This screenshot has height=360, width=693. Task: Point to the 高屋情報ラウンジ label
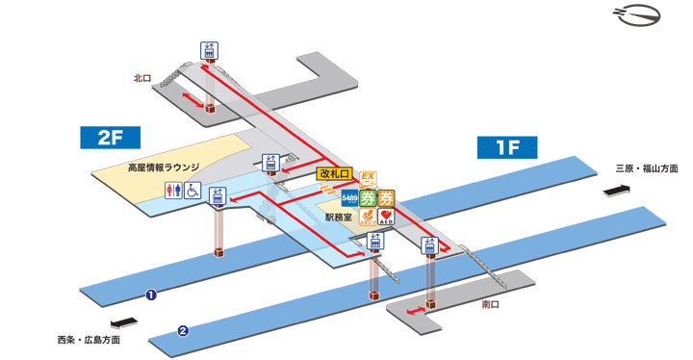pyautogui.click(x=164, y=167)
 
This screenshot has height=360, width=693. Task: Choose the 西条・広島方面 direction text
pyautogui.click(x=89, y=341)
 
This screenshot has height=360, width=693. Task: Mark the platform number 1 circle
pyautogui.click(x=151, y=295)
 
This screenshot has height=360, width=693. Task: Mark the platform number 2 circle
pyautogui.click(x=182, y=332)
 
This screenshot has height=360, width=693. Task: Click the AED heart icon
pyautogui.click(x=385, y=218)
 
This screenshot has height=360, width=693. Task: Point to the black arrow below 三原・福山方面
pyautogui.click(x=616, y=191)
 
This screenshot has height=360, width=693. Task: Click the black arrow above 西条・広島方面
pyautogui.click(x=123, y=323)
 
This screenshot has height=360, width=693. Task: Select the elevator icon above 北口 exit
pyautogui.click(x=209, y=51)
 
